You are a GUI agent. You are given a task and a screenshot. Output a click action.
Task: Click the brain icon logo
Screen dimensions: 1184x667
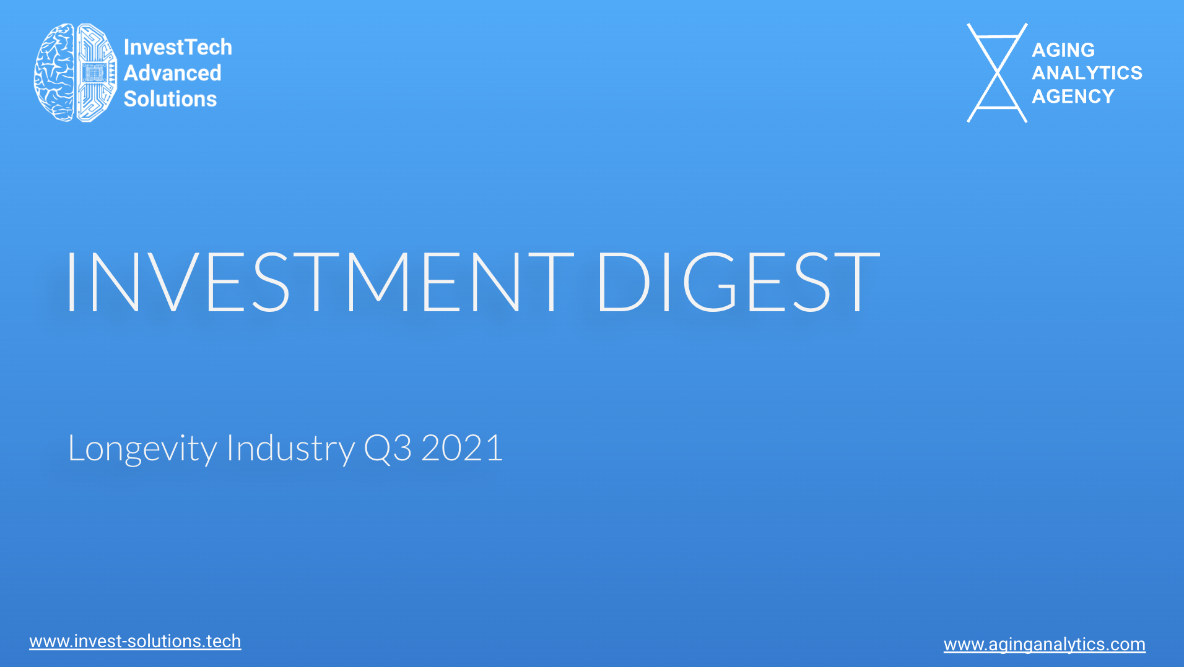pyautogui.click(x=76, y=72)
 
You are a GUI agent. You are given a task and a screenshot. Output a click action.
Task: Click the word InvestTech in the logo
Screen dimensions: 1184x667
pyautogui.click(x=178, y=47)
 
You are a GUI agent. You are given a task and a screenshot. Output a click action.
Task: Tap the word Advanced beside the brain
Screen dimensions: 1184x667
pyautogui.click(x=172, y=73)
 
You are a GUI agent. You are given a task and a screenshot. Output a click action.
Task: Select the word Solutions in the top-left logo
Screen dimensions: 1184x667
pyautogui.click(x=170, y=99)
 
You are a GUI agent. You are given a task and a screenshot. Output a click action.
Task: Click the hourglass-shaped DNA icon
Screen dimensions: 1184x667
pyautogui.click(x=997, y=73)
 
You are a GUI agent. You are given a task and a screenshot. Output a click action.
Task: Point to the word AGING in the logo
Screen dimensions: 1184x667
pyautogui.click(x=1063, y=49)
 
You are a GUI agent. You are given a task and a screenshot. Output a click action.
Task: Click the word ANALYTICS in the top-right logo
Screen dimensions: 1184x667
pyautogui.click(x=1087, y=73)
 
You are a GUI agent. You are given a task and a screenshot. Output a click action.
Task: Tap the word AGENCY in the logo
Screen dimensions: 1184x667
pyautogui.click(x=1073, y=97)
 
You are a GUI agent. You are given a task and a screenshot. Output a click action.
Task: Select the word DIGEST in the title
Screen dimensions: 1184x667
pyautogui.click(x=738, y=282)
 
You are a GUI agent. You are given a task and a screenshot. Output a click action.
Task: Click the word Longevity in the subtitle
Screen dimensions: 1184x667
pyautogui.click(x=142, y=449)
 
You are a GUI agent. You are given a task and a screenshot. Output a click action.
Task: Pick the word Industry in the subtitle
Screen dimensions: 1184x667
pyautogui.click(x=291, y=449)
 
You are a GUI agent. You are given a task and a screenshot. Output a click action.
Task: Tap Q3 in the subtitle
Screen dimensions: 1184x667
pyautogui.click(x=388, y=449)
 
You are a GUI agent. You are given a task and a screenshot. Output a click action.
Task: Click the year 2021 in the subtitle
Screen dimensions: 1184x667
pyautogui.click(x=462, y=448)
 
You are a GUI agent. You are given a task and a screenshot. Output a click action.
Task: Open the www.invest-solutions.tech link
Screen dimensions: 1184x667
pyautogui.click(x=135, y=642)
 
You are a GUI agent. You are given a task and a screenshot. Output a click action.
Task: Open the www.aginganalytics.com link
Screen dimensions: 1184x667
pyautogui.click(x=1045, y=645)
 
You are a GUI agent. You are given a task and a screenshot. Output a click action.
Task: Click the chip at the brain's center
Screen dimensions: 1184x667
pyautogui.click(x=94, y=73)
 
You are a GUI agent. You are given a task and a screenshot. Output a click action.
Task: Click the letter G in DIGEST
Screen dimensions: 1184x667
pyautogui.click(x=710, y=282)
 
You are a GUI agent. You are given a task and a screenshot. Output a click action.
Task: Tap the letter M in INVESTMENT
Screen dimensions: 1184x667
pyautogui.click(x=378, y=282)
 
